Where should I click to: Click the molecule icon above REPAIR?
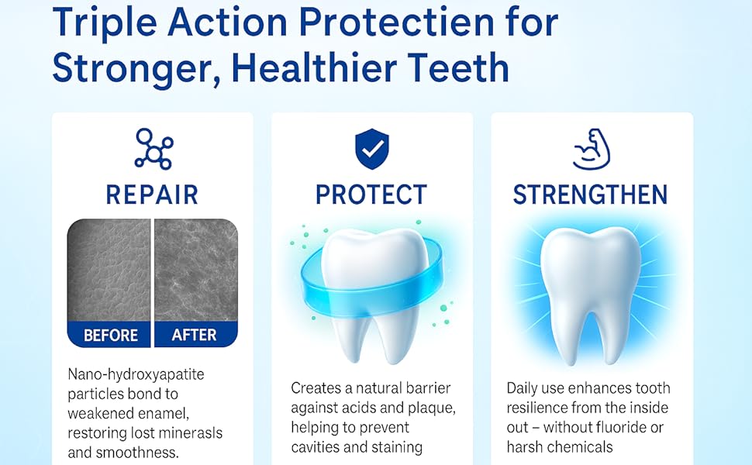154,149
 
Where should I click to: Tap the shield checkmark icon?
371,149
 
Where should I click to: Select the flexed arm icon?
592,149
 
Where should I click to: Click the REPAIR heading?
152,195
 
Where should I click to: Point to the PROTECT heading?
371,195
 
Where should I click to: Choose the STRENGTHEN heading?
591,195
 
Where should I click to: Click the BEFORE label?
111,335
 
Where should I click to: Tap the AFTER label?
195,335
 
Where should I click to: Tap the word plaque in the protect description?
431,408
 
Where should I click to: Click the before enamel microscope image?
109,270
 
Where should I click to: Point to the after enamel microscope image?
195,270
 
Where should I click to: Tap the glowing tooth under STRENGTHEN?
591,292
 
